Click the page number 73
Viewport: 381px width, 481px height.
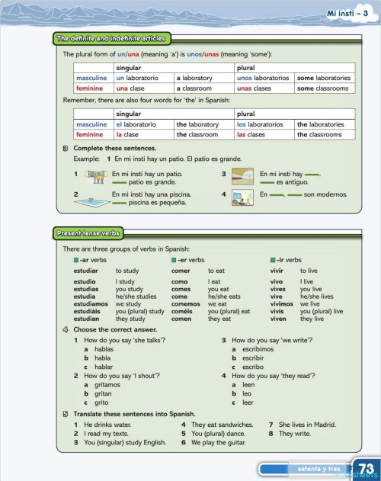365,467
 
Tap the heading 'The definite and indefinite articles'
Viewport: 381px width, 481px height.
111,38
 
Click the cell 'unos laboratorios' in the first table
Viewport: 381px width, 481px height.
263,78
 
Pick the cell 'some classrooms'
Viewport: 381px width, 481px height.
324,88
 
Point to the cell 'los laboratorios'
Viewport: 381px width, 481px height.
263,124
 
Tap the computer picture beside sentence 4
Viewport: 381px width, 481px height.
242,198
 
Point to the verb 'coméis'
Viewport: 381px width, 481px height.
181,311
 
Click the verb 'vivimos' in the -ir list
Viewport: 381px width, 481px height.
282,303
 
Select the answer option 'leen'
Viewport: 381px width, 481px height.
248,385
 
